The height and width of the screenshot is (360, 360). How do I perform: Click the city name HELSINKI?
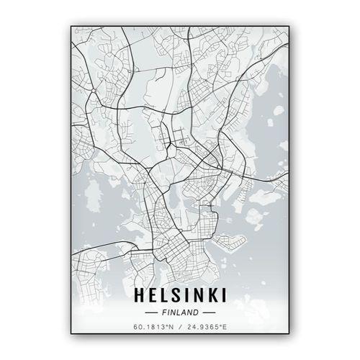tap(180, 296)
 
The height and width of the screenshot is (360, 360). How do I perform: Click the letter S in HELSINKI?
tap(176, 296)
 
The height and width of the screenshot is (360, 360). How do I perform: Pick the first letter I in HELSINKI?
tap(185, 296)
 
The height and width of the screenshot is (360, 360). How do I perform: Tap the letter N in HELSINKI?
tap(195, 296)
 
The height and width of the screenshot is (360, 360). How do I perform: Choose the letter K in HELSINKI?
tap(209, 296)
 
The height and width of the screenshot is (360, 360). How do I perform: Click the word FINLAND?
tap(180, 313)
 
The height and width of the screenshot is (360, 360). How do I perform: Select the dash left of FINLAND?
tap(151, 313)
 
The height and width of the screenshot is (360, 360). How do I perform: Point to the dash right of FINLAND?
tap(209, 313)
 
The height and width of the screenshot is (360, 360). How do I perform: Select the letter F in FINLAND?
tap(164, 313)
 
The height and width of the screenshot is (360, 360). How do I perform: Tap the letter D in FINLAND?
tap(196, 313)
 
